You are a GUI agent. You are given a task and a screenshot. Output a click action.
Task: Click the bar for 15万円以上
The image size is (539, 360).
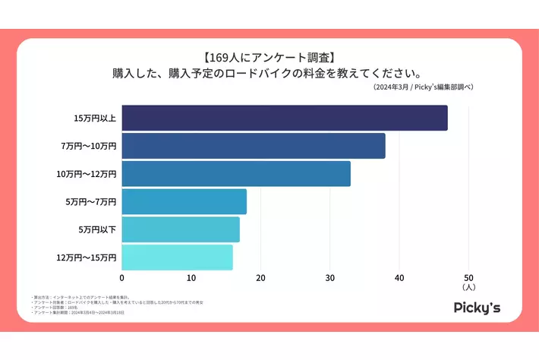click(284, 118)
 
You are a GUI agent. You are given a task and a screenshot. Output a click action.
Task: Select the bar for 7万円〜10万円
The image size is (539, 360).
click(253, 146)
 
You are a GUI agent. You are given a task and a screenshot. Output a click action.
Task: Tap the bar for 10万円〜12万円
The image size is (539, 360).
click(235, 174)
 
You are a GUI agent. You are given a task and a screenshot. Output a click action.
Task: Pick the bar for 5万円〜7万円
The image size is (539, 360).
click(184, 202)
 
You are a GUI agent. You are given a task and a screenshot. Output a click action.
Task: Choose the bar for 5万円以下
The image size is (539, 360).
click(180, 229)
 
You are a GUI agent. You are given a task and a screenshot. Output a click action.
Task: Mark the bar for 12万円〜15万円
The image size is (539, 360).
click(177, 257)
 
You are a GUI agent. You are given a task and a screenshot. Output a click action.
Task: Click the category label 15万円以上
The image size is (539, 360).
click(95, 118)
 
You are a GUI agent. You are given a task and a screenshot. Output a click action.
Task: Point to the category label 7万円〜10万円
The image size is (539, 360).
click(89, 146)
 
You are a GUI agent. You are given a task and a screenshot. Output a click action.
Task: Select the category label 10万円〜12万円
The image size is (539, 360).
click(87, 174)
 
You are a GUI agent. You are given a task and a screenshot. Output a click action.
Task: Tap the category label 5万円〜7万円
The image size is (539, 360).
click(91, 202)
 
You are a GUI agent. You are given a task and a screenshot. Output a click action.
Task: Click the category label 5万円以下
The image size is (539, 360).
click(97, 229)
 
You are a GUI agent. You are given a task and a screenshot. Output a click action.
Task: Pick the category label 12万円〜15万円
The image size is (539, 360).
click(87, 257)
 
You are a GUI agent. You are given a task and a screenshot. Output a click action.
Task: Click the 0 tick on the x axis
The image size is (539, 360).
click(121, 277)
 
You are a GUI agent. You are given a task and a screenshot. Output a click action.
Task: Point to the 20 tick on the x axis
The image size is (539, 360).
click(260, 277)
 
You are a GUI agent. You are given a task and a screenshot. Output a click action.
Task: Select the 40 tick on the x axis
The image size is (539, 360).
click(399, 277)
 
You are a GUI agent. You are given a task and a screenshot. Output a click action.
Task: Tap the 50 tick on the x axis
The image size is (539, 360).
click(468, 277)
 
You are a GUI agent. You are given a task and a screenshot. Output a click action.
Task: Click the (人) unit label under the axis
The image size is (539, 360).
click(468, 288)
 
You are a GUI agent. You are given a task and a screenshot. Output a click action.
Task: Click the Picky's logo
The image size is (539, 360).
click(477, 308)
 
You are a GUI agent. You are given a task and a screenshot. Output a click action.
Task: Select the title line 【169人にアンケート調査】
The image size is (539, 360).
click(269, 57)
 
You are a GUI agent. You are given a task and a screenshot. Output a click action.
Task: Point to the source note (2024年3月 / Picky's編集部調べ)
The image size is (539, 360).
click(423, 87)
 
